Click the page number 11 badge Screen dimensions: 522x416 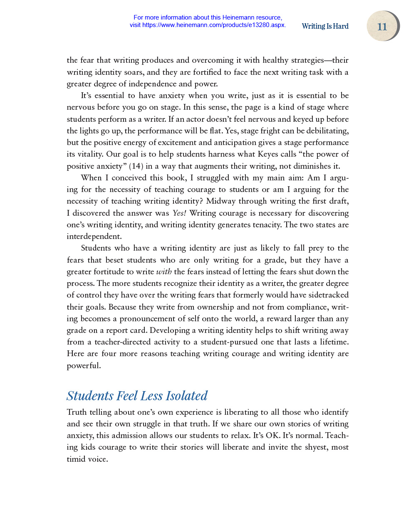click(x=382, y=27)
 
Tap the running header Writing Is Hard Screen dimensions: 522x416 click(x=325, y=26)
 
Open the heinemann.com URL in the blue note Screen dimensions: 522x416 click(x=213, y=25)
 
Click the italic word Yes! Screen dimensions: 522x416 click(x=179, y=213)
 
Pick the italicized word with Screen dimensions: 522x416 click(x=164, y=272)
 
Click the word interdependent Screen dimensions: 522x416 click(x=94, y=236)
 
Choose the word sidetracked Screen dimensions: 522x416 click(x=328, y=295)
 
